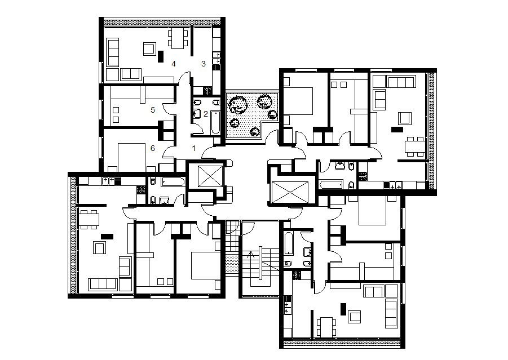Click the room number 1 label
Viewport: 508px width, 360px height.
(x=194, y=149)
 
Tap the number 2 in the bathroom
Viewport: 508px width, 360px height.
(x=206, y=113)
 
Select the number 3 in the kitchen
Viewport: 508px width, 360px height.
(x=204, y=63)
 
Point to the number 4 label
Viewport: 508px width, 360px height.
(x=174, y=63)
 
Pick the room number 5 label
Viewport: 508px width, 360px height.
(x=153, y=110)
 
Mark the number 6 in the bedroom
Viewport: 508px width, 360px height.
(x=153, y=148)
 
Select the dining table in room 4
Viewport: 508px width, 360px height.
(x=178, y=38)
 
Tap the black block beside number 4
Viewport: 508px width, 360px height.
(x=161, y=56)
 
